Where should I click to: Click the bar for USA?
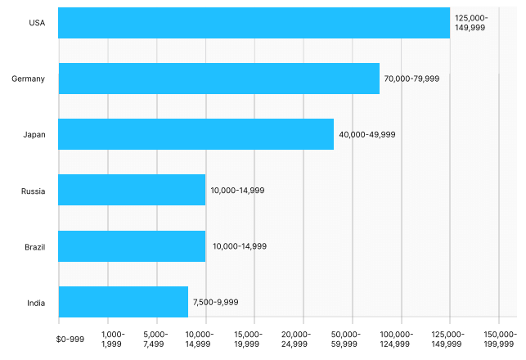(254, 23)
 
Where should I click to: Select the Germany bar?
(219, 79)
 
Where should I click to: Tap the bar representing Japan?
(196, 134)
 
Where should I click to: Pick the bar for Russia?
(132, 190)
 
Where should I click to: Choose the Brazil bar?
(132, 245)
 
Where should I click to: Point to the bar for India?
(124, 301)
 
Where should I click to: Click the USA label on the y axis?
(37, 23)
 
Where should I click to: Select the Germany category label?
(29, 79)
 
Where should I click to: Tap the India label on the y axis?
(36, 302)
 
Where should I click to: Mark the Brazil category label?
(35, 246)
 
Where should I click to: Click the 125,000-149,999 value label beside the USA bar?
(471, 23)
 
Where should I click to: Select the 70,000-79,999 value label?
(412, 79)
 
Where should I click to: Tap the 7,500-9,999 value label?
(216, 302)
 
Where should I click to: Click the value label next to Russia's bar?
(237, 190)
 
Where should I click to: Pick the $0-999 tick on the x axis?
(70, 339)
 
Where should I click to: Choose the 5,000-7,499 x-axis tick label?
(155, 339)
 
